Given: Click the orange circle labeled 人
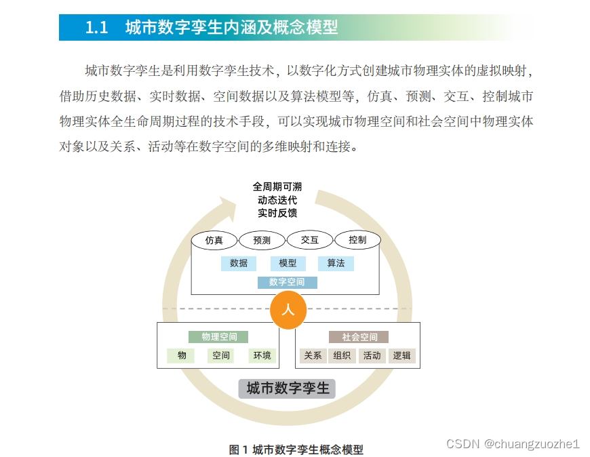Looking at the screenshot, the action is [288, 311].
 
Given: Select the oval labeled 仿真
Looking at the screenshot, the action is [214, 240].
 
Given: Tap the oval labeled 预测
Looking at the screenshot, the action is [262, 240].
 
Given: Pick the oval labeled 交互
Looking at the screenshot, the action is [310, 240].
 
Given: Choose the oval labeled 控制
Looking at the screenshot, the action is [357, 240].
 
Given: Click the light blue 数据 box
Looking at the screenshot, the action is [239, 263].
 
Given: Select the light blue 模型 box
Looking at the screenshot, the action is [288, 263].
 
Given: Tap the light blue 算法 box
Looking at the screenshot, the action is [336, 263].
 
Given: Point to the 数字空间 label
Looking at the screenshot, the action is [287, 282].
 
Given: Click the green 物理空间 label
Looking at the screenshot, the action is [218, 337].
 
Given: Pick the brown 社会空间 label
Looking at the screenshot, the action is [359, 337].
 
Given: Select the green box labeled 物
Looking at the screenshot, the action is [182, 355].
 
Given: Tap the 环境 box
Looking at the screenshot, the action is [262, 355].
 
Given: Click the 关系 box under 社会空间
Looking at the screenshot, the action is [313, 355].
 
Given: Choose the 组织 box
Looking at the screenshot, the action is [342, 355].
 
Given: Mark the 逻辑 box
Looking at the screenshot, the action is [401, 355].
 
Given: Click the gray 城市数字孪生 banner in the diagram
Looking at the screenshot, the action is [287, 389].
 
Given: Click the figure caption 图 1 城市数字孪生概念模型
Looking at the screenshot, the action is [296, 449].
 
